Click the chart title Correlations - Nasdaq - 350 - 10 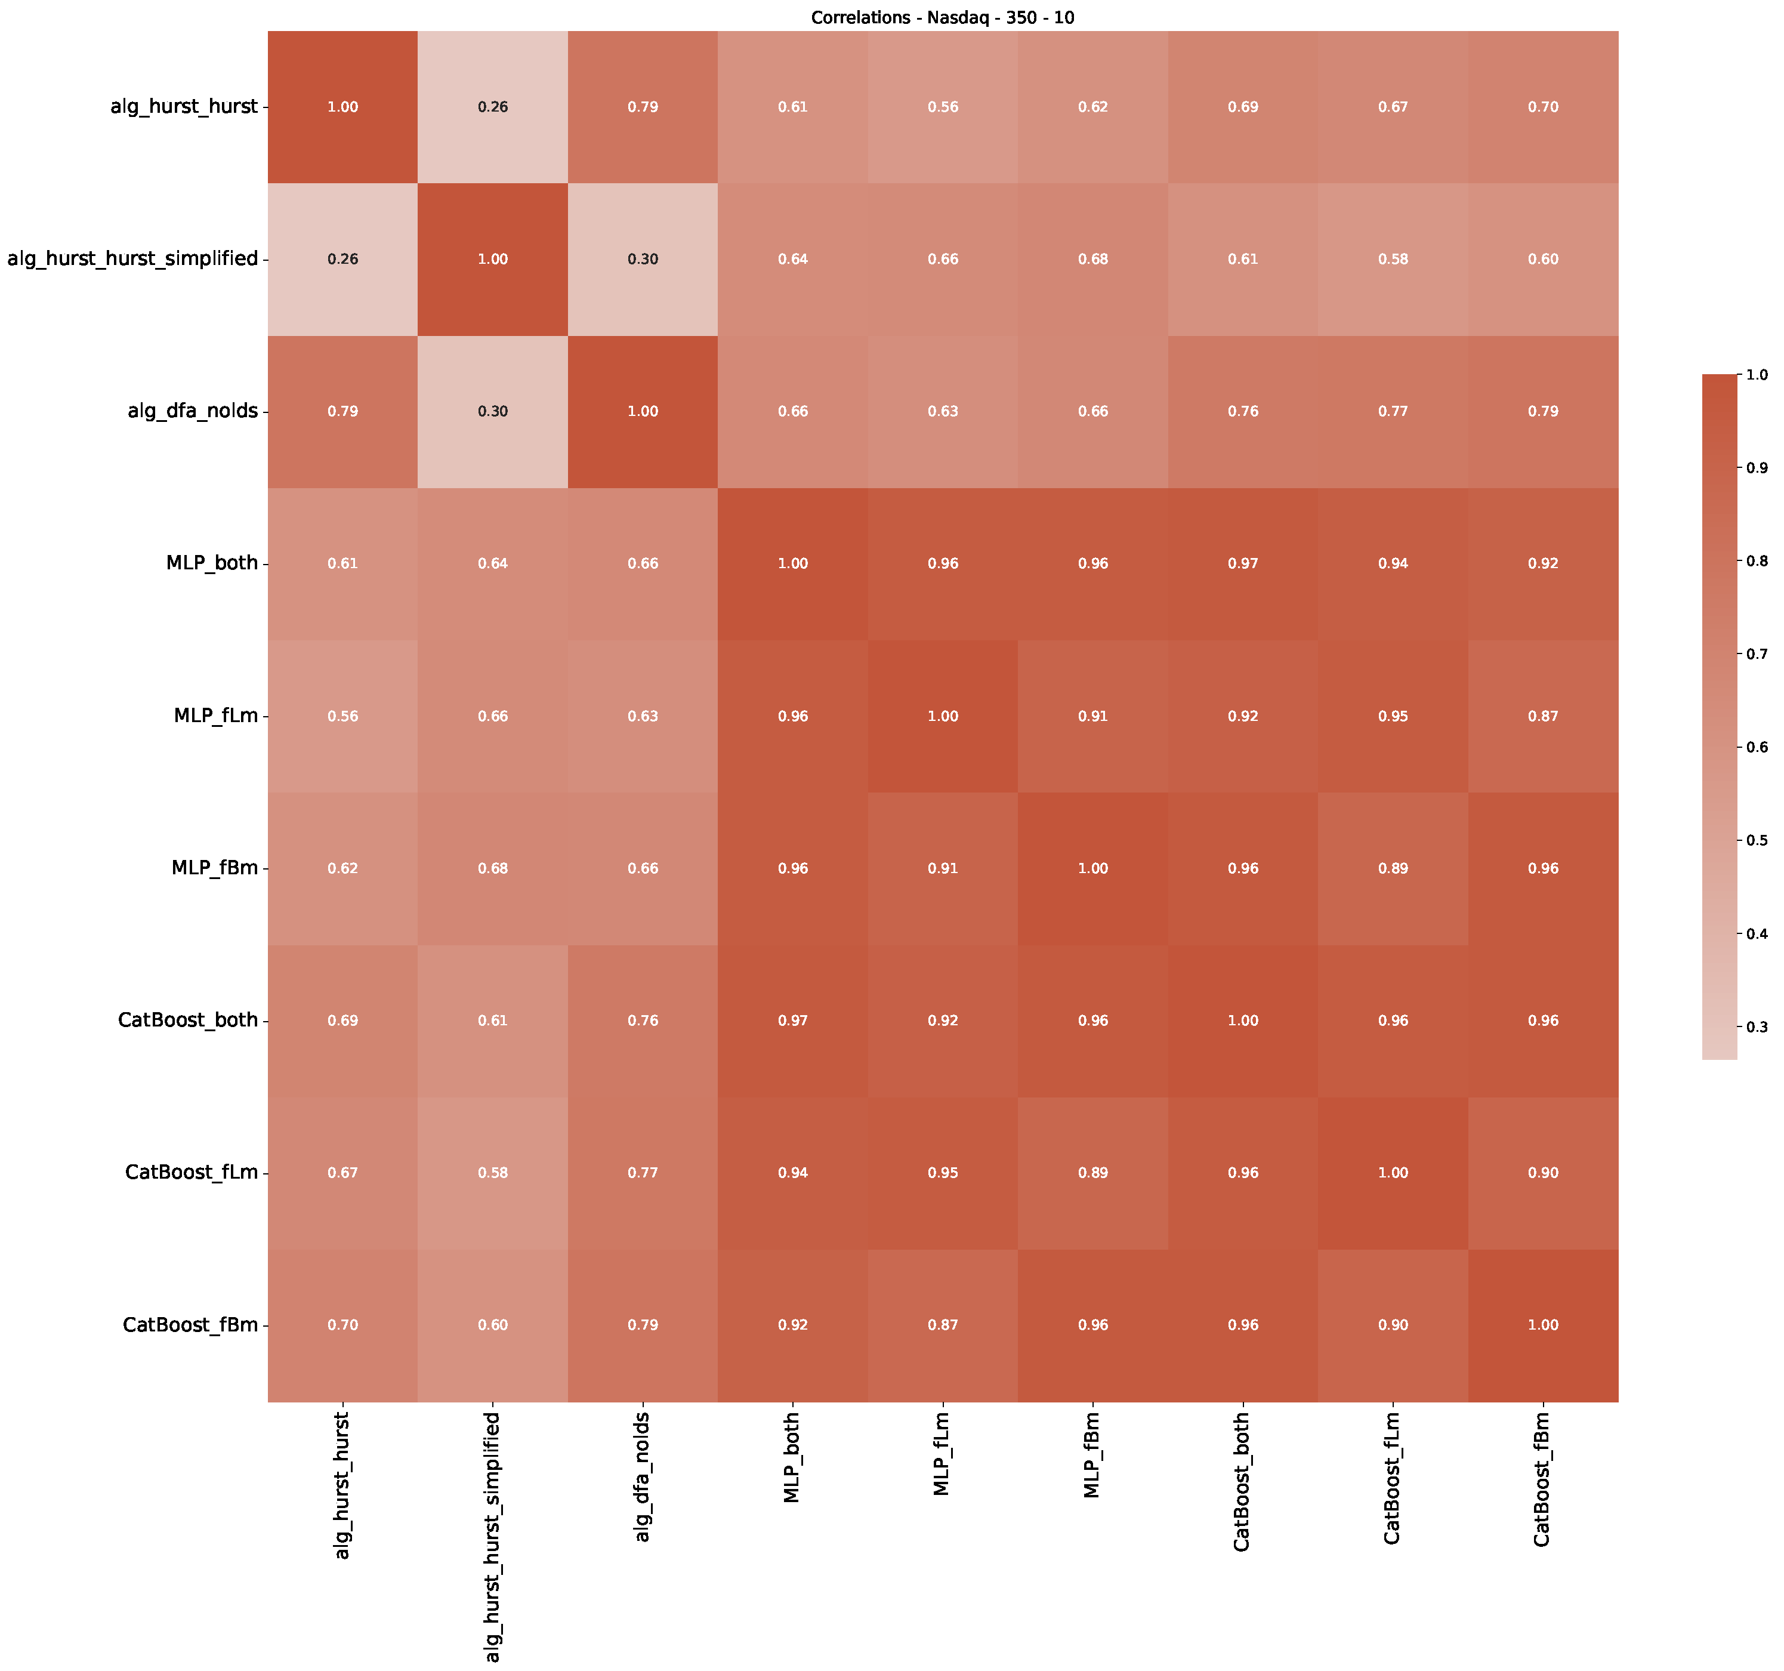tap(942, 18)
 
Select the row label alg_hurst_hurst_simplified tap(133, 258)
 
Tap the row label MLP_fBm tap(215, 868)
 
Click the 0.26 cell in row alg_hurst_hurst tap(493, 107)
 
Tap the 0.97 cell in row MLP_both tap(1243, 563)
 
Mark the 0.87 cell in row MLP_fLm tap(1544, 716)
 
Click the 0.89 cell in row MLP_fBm tap(1393, 868)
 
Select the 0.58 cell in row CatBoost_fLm tap(493, 1172)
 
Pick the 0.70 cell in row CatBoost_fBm tap(343, 1325)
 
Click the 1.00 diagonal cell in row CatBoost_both tap(1243, 1021)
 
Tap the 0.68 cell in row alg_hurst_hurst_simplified tap(1093, 258)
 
